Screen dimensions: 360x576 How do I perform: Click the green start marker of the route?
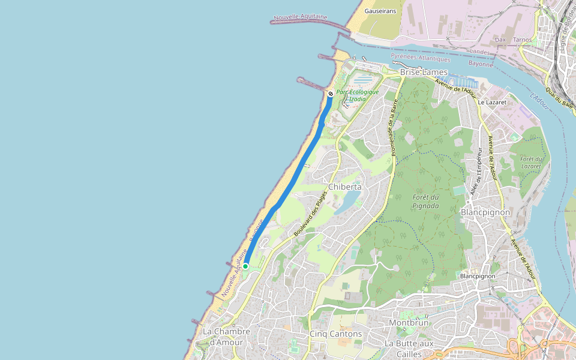245,266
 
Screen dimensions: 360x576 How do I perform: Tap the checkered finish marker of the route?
331,94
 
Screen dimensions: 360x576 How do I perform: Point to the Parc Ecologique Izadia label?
358,95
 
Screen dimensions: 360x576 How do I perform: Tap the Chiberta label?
344,187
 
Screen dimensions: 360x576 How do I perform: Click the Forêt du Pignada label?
425,202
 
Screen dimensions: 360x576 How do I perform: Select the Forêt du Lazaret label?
531,162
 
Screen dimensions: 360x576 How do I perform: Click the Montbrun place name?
409,322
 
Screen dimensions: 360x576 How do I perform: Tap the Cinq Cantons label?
336,334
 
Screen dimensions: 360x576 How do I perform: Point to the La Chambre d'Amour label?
223,337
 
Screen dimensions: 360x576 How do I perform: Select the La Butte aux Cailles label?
409,348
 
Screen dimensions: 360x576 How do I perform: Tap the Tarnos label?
523,40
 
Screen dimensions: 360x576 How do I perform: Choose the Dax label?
500,40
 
